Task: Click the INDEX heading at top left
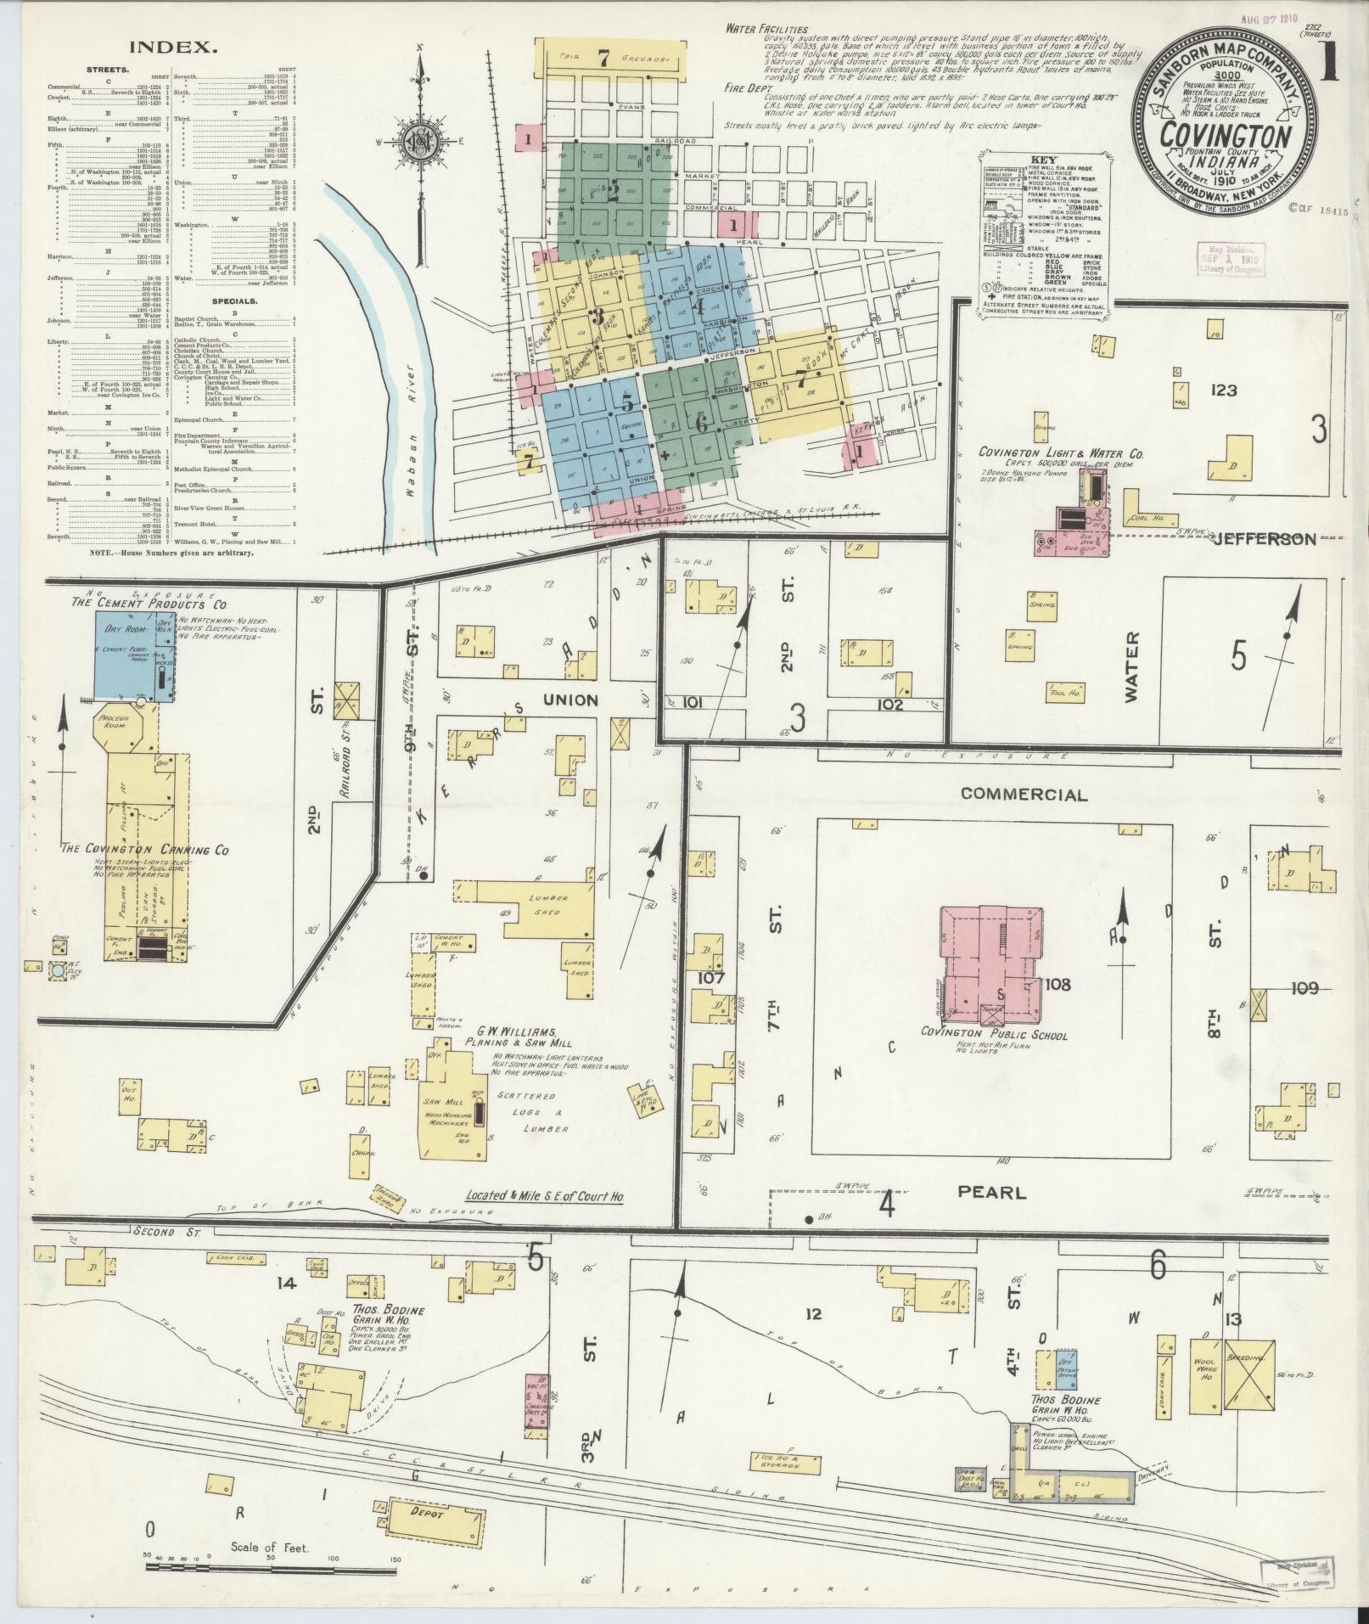[x=175, y=48]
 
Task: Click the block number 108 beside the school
[x=1058, y=985]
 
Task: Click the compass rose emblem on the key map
[x=422, y=141]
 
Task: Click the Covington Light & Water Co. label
[x=1060, y=454]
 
